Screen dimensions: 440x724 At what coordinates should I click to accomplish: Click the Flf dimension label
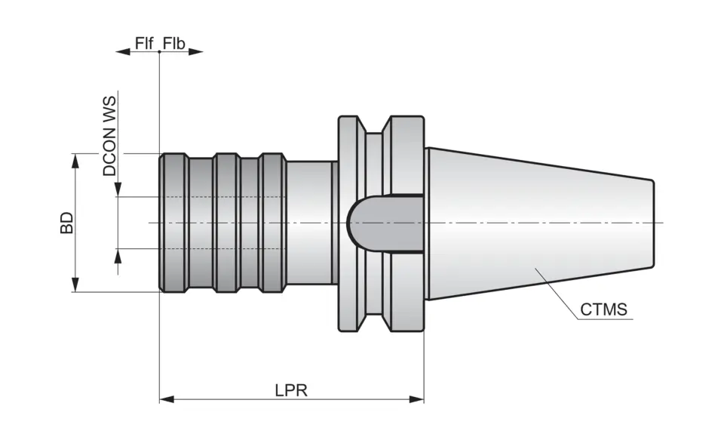coord(144,42)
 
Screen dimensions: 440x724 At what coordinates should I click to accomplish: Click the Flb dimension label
coord(173,42)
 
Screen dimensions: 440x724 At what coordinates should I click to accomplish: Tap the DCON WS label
coord(111,136)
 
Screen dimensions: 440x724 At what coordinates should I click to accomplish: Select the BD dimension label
coord(67,223)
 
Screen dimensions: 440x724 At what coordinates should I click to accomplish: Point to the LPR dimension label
coord(291,389)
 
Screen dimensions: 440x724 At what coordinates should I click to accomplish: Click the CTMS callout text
coord(604,309)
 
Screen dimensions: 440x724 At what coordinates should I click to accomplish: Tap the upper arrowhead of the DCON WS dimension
coord(118,189)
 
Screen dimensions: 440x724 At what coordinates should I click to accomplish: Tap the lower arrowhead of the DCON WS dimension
coord(118,256)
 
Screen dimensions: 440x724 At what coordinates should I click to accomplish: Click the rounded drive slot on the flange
coord(377,223)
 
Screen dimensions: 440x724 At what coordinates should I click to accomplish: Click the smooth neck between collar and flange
coord(310,223)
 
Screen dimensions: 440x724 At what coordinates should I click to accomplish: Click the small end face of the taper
coord(653,223)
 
